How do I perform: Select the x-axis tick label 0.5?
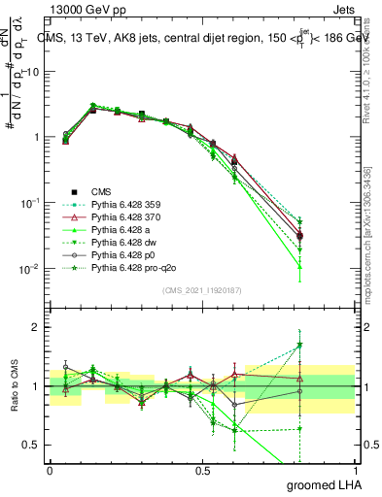(201, 470)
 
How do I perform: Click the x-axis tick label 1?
(354, 470)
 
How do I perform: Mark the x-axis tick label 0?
(50, 470)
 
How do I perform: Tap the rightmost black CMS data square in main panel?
(299, 236)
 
